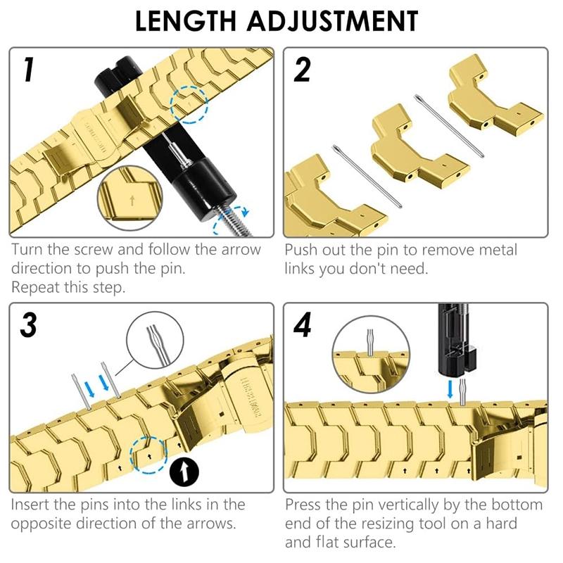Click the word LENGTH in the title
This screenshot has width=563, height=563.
pos(186,21)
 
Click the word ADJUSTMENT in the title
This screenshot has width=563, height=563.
pos(332,21)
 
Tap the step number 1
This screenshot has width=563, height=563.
pos(29,69)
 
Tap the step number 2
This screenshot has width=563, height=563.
pos(302,70)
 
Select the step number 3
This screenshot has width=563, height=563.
pos(28,324)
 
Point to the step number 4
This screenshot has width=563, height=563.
pos(303,324)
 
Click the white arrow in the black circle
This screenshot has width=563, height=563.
pos(184,472)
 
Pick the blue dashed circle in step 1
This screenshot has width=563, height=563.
pos(189,105)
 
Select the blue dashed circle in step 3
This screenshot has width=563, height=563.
pos(148,455)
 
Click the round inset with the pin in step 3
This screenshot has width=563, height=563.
pos(155,340)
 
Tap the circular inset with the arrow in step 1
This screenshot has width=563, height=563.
pos(130,198)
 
